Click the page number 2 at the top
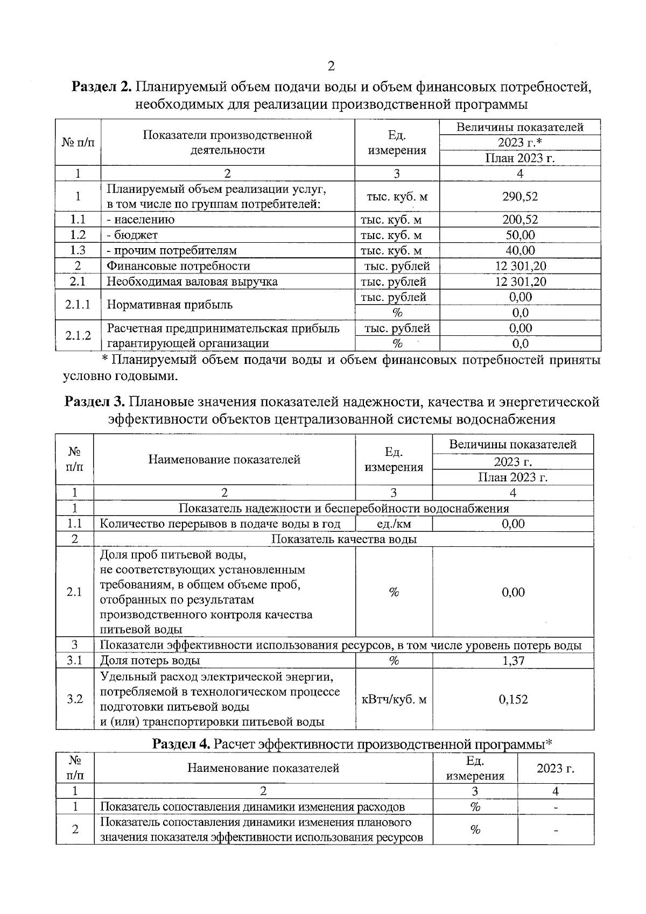click(x=331, y=66)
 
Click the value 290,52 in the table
click(x=519, y=196)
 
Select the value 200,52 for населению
click(x=519, y=220)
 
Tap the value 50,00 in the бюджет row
click(x=520, y=235)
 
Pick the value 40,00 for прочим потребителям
click(x=520, y=250)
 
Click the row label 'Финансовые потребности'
click(x=178, y=266)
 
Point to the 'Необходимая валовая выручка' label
click(x=192, y=282)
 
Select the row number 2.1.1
click(x=78, y=305)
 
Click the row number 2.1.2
click(x=78, y=336)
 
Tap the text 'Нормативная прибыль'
click(x=170, y=305)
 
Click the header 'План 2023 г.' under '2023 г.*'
click(x=519, y=158)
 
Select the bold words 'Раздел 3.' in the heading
click(x=95, y=402)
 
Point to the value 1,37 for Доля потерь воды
click(x=513, y=660)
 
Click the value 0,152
click(x=513, y=699)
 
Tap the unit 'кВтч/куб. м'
click(x=394, y=699)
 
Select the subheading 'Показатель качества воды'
click(x=343, y=539)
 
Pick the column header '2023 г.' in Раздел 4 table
click(x=555, y=768)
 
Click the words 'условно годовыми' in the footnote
click(x=120, y=376)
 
